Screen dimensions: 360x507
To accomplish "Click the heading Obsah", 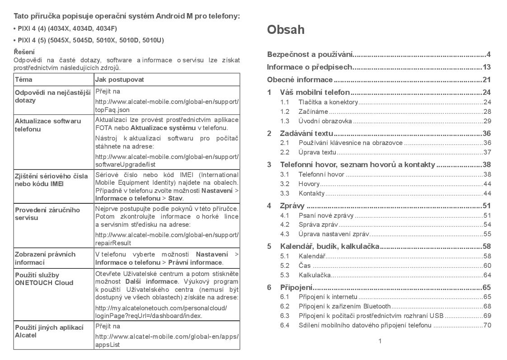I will [286, 30].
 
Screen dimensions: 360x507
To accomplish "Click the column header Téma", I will [23, 79].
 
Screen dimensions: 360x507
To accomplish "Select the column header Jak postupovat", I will [119, 79].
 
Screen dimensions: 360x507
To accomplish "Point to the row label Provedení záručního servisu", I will [47, 214].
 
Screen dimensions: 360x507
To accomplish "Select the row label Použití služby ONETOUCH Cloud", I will [44, 279].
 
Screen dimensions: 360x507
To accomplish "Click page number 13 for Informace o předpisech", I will [486, 67].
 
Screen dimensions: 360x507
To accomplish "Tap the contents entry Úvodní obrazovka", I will [325, 121].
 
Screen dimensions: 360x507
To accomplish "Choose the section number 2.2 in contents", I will [285, 152].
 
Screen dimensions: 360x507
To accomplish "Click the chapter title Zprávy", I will [292, 206].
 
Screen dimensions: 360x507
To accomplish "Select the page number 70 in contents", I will [487, 325].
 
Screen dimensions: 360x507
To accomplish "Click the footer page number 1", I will [380, 341].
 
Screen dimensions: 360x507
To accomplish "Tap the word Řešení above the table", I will [24, 52].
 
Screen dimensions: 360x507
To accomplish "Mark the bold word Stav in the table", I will [175, 198].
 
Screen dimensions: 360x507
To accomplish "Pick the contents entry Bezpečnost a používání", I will [310, 55].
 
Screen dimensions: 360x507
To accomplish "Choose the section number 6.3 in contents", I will [285, 316].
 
